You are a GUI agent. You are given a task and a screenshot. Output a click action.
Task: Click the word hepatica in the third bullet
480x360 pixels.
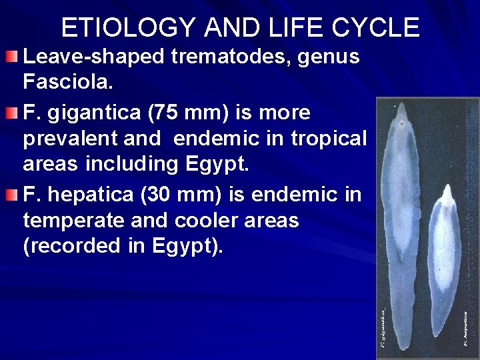(x=89, y=195)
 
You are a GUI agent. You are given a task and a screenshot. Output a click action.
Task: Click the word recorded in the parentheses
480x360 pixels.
(x=82, y=246)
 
